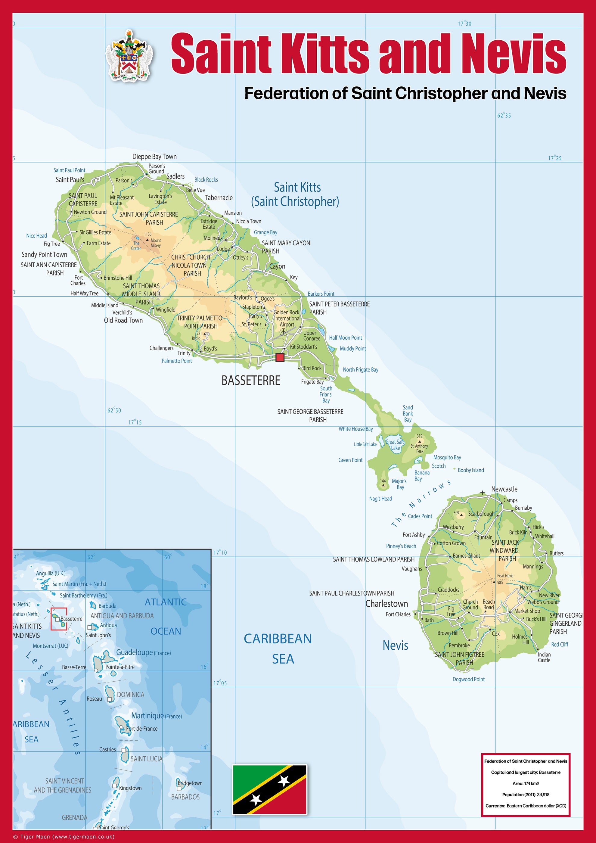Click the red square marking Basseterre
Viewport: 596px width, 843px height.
click(280, 357)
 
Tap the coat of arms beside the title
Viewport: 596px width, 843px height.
click(129, 55)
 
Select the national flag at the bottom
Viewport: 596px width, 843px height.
click(270, 789)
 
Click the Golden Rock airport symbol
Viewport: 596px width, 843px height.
click(283, 332)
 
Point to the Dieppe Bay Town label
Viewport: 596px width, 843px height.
click(154, 157)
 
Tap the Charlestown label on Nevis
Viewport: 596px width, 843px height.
click(386, 604)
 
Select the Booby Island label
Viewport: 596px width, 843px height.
click(470, 470)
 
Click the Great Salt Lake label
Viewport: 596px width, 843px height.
click(395, 445)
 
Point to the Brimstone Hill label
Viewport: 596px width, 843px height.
click(117, 278)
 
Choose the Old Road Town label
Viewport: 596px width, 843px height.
click(123, 321)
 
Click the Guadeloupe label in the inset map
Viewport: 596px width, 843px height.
click(134, 652)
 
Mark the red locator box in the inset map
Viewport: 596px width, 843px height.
click(59, 619)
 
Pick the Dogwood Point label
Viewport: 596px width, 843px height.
click(468, 679)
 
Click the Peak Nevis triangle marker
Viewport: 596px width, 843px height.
click(494, 582)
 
